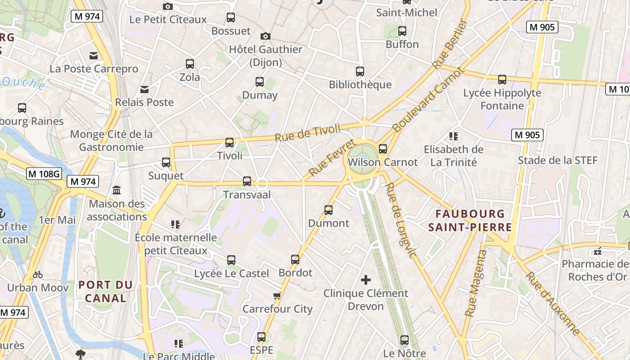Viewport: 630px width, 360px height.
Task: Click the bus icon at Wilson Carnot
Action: (x=383, y=149)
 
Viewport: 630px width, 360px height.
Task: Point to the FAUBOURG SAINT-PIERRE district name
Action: (x=470, y=220)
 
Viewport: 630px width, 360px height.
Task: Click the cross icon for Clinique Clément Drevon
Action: (x=366, y=280)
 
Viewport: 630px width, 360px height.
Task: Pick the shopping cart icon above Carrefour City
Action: (x=277, y=296)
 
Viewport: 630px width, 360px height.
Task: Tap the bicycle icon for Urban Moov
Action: (x=38, y=274)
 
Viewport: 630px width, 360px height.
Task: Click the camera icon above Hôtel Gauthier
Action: (x=265, y=36)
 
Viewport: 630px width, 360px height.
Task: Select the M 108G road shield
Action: (x=44, y=174)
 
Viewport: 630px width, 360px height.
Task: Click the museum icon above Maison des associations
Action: (x=117, y=190)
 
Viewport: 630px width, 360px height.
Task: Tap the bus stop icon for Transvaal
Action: (x=247, y=181)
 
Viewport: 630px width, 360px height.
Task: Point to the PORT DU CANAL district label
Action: (x=106, y=292)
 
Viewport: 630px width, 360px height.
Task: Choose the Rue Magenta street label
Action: (x=476, y=283)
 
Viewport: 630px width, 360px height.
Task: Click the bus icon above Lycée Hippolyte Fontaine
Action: (x=502, y=80)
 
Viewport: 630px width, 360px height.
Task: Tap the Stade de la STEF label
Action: (x=558, y=161)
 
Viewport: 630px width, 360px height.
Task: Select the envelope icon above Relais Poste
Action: (x=144, y=89)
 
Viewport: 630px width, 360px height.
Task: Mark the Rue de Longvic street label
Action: (x=400, y=220)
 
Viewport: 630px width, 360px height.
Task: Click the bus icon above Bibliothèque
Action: (x=360, y=71)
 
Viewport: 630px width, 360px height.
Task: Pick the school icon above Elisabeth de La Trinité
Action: (x=454, y=136)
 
